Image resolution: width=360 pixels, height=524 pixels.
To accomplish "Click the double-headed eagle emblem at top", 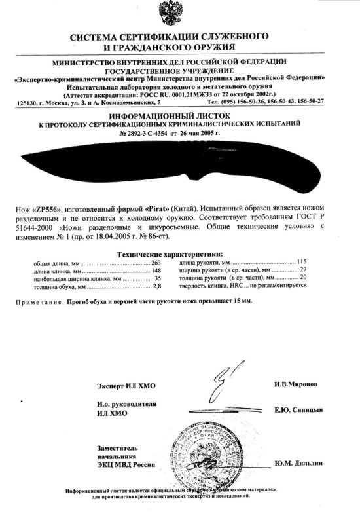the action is pyautogui.click(x=179, y=14).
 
